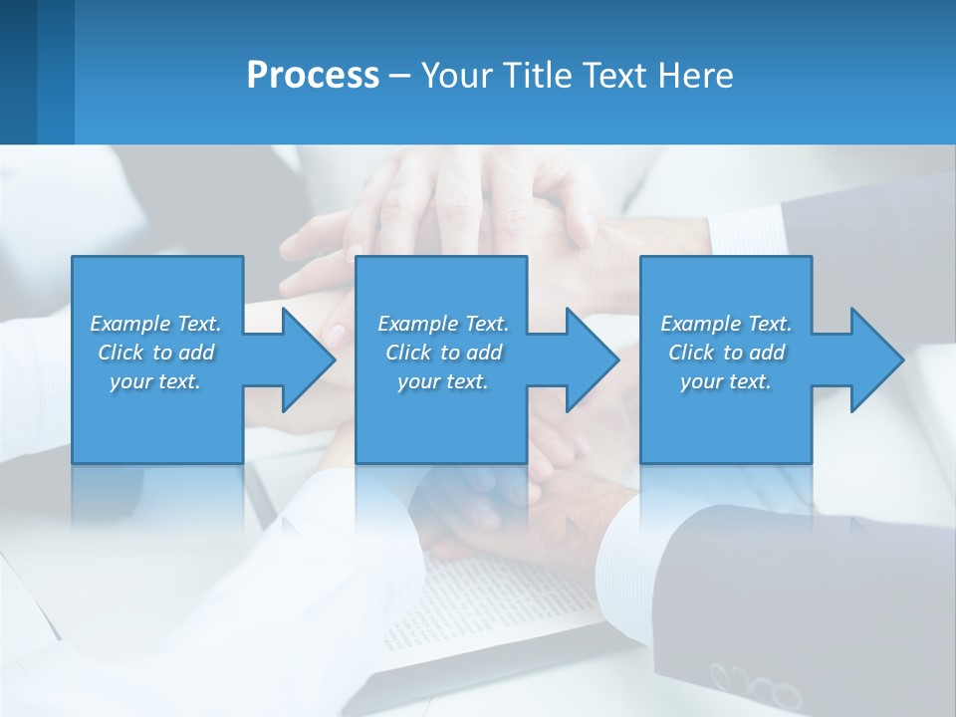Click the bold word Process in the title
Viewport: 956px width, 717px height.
[313, 76]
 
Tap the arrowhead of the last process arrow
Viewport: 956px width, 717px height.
[875, 359]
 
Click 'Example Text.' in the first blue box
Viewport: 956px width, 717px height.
[155, 324]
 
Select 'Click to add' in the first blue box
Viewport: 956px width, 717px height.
[155, 353]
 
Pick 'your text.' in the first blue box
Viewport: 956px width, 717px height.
[155, 381]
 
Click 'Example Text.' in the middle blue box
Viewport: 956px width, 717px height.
[442, 324]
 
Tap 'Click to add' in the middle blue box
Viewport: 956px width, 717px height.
[442, 353]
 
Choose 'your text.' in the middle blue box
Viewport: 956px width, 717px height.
[442, 381]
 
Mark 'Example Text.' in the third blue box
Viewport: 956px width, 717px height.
[725, 324]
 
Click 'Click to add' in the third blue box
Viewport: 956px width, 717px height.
[725, 353]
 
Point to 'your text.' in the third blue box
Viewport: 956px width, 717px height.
[725, 381]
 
